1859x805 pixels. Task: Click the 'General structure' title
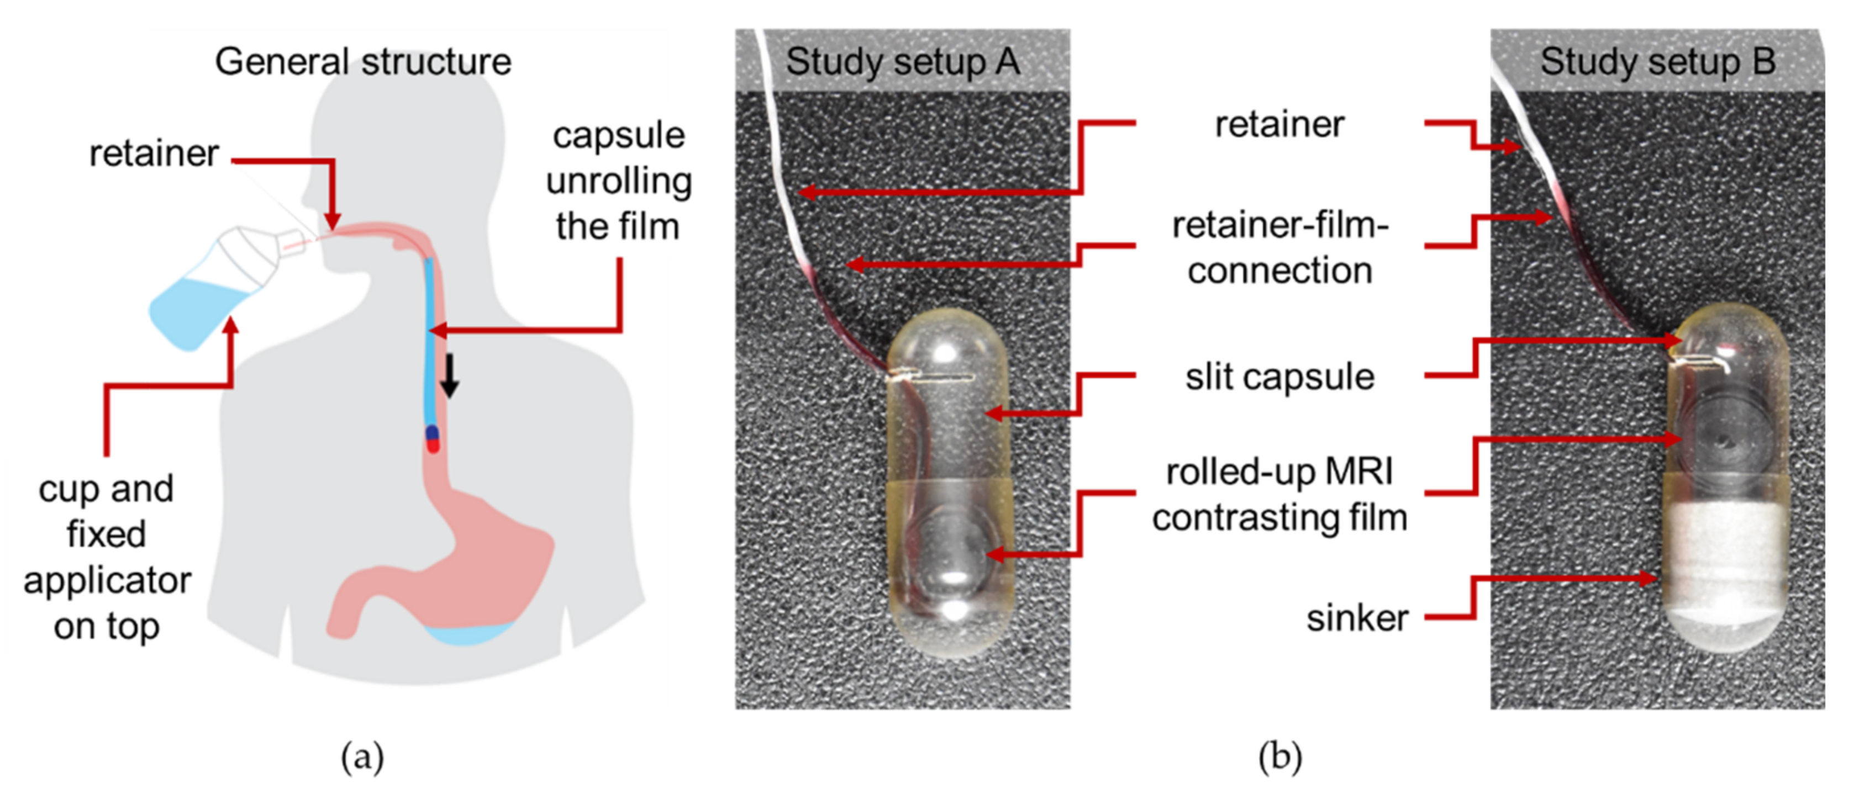coord(363,61)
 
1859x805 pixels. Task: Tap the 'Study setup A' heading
coord(902,61)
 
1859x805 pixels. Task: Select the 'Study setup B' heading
coord(1658,61)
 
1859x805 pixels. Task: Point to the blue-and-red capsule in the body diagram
coord(432,438)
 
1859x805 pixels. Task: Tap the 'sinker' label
coord(1357,618)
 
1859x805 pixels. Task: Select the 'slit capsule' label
coord(1279,377)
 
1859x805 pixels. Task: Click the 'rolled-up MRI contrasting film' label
coord(1279,495)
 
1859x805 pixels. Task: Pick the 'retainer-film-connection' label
coord(1279,247)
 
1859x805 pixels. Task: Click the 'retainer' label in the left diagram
coord(154,153)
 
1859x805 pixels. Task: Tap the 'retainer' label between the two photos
coord(1279,124)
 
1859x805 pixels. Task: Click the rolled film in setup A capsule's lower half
coord(952,555)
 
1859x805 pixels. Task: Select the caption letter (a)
coord(362,758)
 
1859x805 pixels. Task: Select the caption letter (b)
coord(1279,758)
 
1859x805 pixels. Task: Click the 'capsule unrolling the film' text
coord(618,181)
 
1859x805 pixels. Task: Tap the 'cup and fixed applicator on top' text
coord(107,557)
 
